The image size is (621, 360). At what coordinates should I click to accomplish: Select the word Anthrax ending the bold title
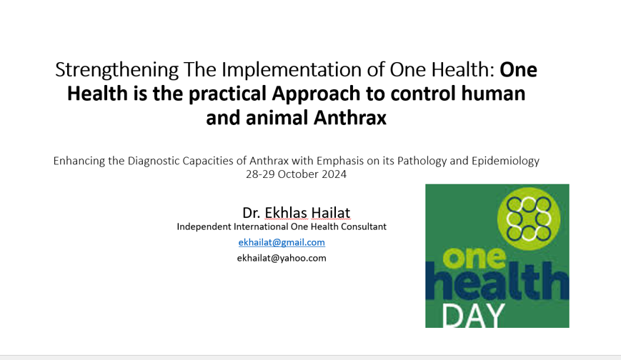pos(350,118)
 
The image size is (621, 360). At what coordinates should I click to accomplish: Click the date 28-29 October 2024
pos(296,174)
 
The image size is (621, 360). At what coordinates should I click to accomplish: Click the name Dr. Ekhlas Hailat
pos(296,212)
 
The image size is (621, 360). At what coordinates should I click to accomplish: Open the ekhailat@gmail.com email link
pos(282,242)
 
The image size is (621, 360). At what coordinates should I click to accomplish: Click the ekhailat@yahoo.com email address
pos(282,258)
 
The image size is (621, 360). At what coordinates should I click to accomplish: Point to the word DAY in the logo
pos(472,315)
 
